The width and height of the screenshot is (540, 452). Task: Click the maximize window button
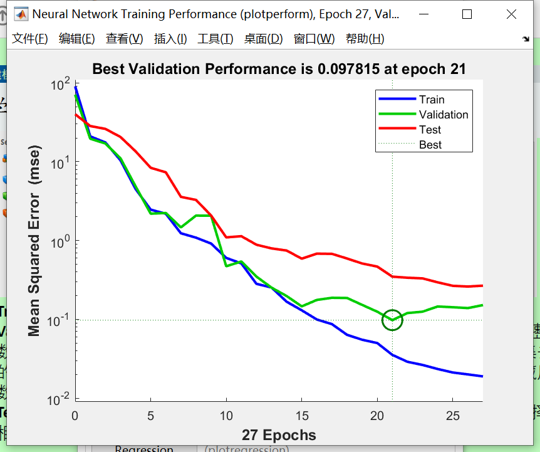pyautogui.click(x=467, y=14)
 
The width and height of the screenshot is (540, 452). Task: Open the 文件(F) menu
pyautogui.click(x=30, y=39)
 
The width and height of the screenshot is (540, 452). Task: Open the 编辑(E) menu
pyautogui.click(x=76, y=39)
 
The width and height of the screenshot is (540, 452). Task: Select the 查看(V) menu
pyautogui.click(x=124, y=39)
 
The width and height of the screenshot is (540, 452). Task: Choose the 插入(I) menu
pyautogui.click(x=170, y=39)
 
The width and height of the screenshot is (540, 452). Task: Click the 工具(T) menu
pyautogui.click(x=215, y=39)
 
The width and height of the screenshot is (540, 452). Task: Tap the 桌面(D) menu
pyautogui.click(x=263, y=39)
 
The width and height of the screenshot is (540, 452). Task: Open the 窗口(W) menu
pyautogui.click(x=314, y=39)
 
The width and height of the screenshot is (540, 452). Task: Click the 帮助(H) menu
pyautogui.click(x=365, y=39)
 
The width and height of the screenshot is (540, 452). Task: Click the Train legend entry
pyautogui.click(x=432, y=100)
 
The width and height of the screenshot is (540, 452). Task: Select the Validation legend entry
pyautogui.click(x=444, y=115)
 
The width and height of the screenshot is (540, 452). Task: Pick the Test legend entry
pyautogui.click(x=430, y=130)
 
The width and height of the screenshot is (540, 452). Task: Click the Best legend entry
pyautogui.click(x=430, y=145)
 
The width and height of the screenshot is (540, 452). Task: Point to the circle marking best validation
pyautogui.click(x=392, y=320)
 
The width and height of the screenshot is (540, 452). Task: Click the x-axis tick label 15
pyautogui.click(x=302, y=416)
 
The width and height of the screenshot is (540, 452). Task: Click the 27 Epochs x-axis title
pyautogui.click(x=279, y=435)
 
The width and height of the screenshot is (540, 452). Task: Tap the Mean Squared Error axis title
pyautogui.click(x=34, y=241)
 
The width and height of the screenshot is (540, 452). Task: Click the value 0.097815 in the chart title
pyautogui.click(x=348, y=69)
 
